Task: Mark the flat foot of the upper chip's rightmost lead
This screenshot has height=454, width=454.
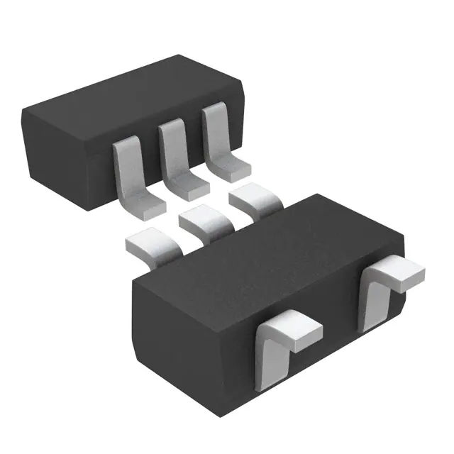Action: pos(234,168)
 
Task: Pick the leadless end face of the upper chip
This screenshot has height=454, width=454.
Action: pos(57,153)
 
